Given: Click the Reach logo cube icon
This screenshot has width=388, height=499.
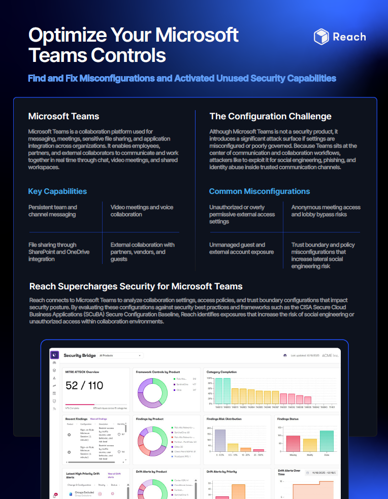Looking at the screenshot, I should point(321,37).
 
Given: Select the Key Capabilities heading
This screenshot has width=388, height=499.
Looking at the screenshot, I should point(57,191).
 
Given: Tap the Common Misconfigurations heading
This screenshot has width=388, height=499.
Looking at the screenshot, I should point(259,191).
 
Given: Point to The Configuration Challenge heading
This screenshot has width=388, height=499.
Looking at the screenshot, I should point(270,116).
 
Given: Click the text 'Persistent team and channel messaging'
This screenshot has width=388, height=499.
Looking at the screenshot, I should point(53,211).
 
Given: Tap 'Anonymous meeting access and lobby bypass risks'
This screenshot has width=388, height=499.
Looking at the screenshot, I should point(326,211).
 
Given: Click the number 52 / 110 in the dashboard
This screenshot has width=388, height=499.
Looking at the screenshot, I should point(84,385).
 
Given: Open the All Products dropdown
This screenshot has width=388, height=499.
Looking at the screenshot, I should point(121,355).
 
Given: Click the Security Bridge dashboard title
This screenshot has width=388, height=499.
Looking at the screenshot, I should point(80,355).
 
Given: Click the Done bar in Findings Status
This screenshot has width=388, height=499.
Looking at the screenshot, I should point(327,441).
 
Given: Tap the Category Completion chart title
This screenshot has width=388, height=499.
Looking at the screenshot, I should point(221,372).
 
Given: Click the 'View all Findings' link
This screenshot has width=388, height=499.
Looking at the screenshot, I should point(99,419).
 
